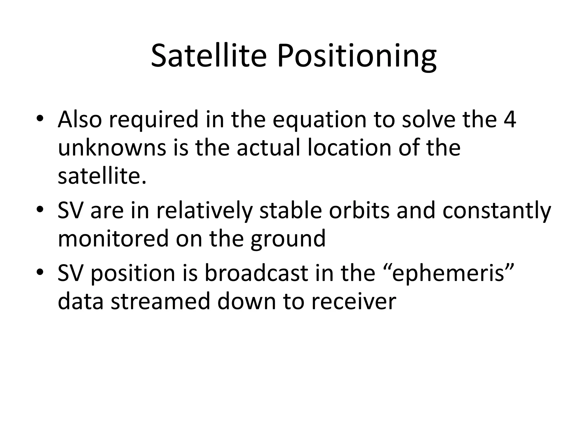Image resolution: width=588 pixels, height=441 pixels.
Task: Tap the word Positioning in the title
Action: (x=357, y=57)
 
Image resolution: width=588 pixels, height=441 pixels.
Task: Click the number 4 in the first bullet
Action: (x=510, y=119)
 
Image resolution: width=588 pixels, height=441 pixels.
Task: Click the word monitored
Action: (x=113, y=239)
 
